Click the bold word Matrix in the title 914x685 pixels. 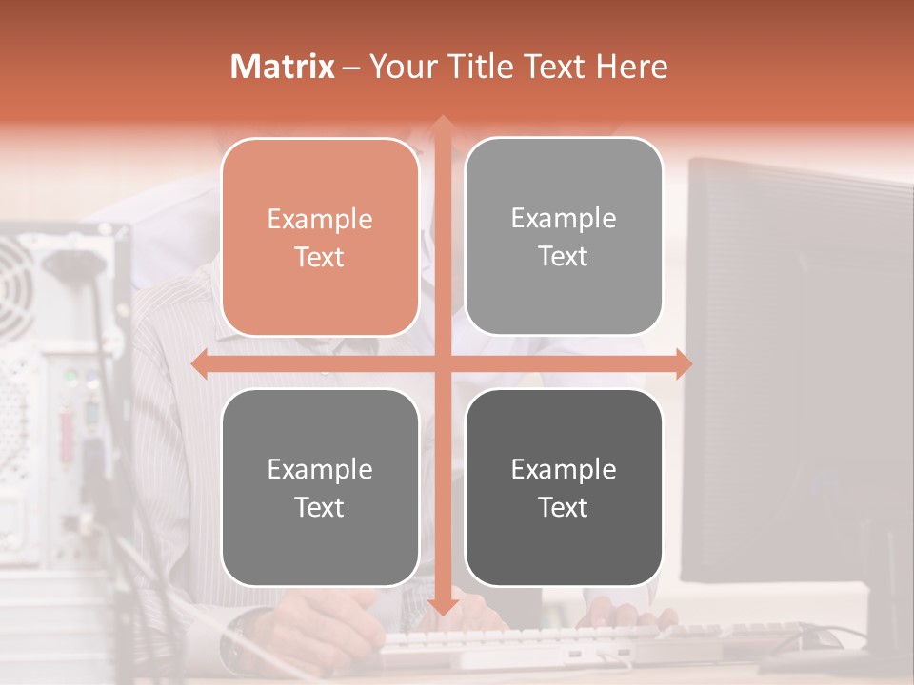pos(283,67)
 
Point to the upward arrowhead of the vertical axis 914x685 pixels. pos(442,125)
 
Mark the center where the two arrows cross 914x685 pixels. pos(442,364)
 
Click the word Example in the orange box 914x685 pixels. pos(320,220)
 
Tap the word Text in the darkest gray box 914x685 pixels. pos(564,507)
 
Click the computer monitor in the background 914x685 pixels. pos(800,362)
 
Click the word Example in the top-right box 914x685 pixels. pos(564,219)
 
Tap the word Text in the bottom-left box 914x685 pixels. pos(320,507)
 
